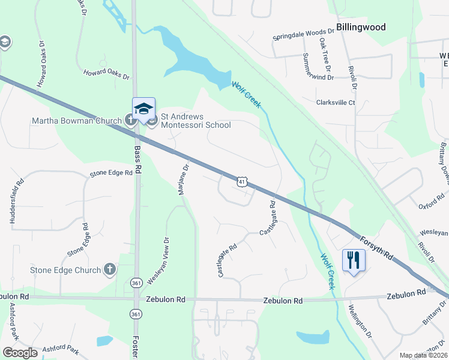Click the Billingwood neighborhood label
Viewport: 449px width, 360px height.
click(x=360, y=27)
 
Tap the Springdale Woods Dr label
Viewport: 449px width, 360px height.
click(x=303, y=33)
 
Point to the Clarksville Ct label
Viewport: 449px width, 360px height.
click(x=336, y=103)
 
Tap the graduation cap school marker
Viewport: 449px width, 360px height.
click(x=143, y=109)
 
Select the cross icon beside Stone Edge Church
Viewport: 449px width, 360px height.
click(x=109, y=269)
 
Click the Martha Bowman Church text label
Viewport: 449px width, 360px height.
click(x=77, y=121)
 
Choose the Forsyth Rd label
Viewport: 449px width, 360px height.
click(x=377, y=247)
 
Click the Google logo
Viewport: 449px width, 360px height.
click(x=20, y=353)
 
